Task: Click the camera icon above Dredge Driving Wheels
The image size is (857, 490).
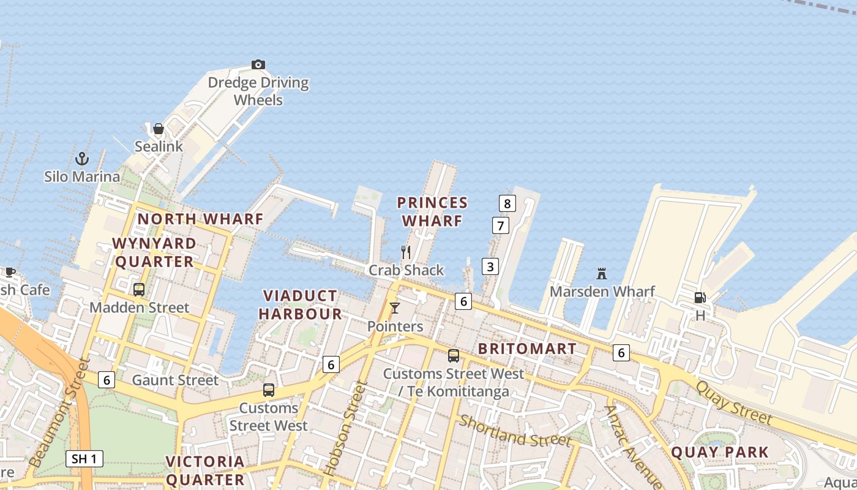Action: click(258, 64)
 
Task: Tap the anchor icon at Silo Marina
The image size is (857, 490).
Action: click(82, 159)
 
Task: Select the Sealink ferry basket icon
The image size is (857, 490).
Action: click(159, 129)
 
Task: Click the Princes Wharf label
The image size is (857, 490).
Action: click(432, 211)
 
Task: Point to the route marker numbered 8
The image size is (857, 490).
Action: click(507, 203)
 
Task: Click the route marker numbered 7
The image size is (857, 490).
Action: click(501, 225)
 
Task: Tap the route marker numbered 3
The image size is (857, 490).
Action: click(490, 266)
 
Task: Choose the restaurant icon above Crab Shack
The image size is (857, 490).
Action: click(406, 252)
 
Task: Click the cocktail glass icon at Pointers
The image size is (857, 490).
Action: click(395, 308)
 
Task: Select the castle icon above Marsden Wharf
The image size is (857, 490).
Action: click(602, 273)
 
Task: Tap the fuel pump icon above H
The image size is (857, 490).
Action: click(700, 298)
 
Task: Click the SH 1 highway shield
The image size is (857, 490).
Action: click(84, 459)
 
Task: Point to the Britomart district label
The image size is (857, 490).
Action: click(527, 349)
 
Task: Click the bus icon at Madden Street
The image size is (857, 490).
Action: click(139, 289)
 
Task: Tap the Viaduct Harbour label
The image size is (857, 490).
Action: click(300, 305)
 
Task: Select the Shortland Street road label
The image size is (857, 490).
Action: click(515, 431)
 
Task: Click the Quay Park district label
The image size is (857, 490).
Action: click(720, 453)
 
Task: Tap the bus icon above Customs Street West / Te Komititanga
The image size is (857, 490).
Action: click(453, 356)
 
